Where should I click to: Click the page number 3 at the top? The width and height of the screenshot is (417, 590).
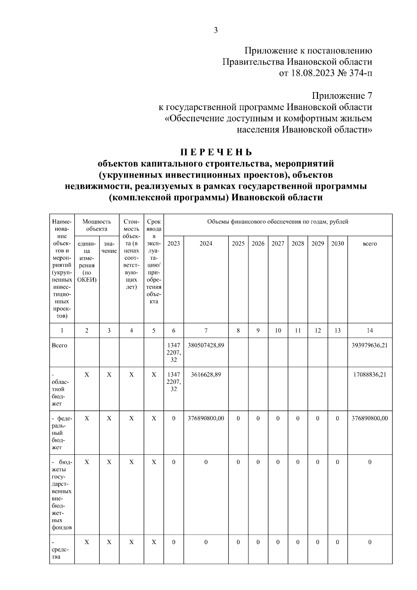[x=215, y=30]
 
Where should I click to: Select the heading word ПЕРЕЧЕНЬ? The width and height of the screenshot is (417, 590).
[x=216, y=152]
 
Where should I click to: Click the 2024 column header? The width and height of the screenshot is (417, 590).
[x=206, y=244]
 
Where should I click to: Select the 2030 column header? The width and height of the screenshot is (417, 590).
[x=337, y=244]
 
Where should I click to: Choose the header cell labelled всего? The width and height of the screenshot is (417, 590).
[x=369, y=244]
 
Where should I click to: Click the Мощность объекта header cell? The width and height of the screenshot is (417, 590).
[x=97, y=225]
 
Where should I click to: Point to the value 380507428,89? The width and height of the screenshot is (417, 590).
[x=206, y=346]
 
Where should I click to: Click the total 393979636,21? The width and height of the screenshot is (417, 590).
[x=369, y=346]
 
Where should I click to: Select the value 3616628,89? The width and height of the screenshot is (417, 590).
[x=206, y=375]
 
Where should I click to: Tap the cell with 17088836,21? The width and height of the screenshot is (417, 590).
[x=369, y=375]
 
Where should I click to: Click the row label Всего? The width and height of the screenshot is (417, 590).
[x=59, y=346]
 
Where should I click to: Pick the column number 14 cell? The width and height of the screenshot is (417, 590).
[x=369, y=331]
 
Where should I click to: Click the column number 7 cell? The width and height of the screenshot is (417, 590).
[x=206, y=331]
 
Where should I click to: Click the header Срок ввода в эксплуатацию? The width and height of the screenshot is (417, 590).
[x=154, y=261]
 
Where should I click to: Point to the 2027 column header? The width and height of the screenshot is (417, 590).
[x=278, y=244]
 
